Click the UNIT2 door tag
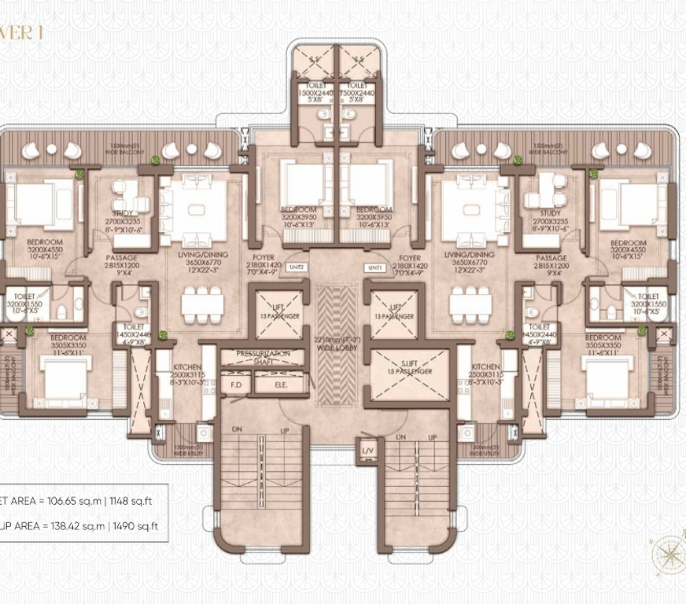click(x=297, y=267)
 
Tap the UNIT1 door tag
click(x=374, y=267)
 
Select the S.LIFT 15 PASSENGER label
click(x=408, y=367)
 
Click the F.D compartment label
click(x=234, y=386)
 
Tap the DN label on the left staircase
click(x=238, y=430)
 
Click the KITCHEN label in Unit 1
click(x=485, y=367)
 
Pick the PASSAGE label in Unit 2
click(x=122, y=258)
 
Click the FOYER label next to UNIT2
click(x=264, y=258)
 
